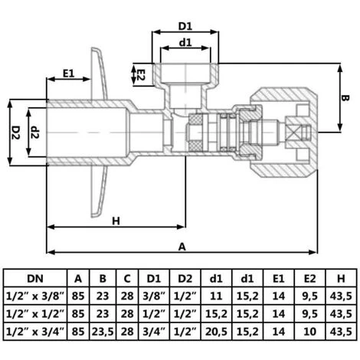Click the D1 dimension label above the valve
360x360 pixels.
pos(185,26)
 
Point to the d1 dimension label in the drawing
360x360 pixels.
pos(185,42)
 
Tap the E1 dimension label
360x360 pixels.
pos(68,74)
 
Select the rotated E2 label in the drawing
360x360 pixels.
pos(141,75)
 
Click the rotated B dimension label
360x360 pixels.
pos(345,98)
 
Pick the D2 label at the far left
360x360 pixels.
pos(16,133)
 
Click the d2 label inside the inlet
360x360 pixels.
pos(34,133)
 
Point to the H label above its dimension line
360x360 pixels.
pos(116,221)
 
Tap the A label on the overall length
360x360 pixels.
pos(182,247)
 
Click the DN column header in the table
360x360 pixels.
pos(35,279)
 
